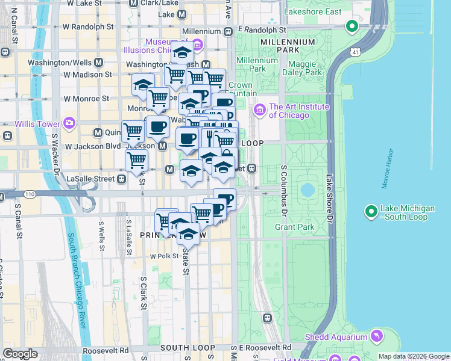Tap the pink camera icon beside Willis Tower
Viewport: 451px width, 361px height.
tap(69, 124)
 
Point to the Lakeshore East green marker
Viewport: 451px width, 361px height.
tap(352, 26)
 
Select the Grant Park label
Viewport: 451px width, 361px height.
tap(294, 227)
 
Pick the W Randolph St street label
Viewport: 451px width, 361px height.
tap(88, 27)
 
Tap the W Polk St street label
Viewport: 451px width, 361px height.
tap(161, 256)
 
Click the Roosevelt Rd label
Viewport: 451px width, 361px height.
tap(109, 350)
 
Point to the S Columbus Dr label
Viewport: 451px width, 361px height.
tap(282, 192)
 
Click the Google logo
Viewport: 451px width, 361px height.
tap(20, 354)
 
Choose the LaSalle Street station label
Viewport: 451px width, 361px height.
tap(90, 178)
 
